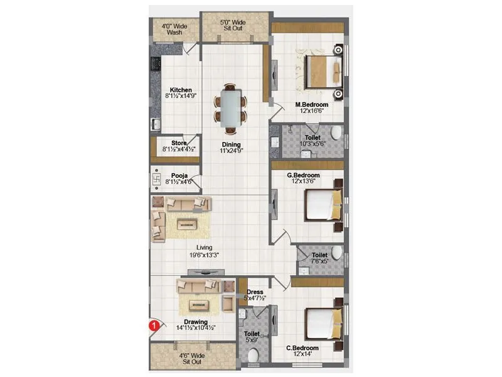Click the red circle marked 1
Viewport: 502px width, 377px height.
point(152,325)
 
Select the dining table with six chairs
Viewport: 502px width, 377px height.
point(231,107)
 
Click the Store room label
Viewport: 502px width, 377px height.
point(178,143)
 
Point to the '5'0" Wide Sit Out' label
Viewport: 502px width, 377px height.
point(233,26)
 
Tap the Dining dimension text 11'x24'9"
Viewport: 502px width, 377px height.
point(231,151)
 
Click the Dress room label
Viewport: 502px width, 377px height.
point(255,292)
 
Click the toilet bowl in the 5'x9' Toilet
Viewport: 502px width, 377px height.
point(253,356)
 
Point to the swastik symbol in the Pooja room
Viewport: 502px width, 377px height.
point(157,180)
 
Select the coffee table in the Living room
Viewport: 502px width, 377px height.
point(188,223)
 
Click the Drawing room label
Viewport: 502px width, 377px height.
point(196,322)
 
